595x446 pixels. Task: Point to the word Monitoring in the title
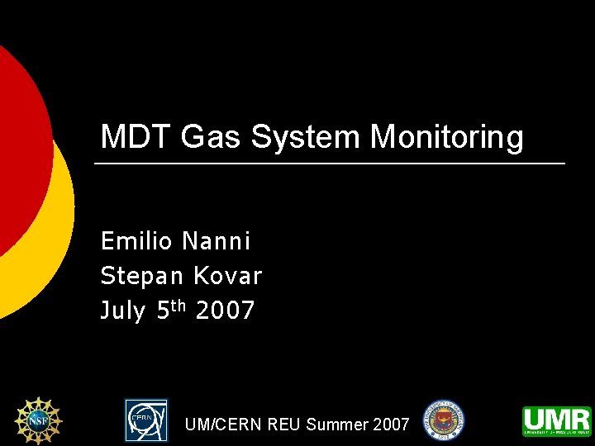pos(447,137)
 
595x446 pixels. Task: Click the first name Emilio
pos(136,241)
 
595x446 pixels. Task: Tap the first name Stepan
pos(142,276)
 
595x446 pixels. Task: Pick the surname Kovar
pos(227,276)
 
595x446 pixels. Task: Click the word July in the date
pos(122,311)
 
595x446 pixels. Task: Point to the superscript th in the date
pos(182,306)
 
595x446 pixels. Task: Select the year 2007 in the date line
pos(226,311)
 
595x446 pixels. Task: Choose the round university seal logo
pos(444,420)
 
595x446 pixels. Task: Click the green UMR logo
pos(556,420)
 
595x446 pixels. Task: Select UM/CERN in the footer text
pos(219,425)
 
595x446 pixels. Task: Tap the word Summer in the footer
pos(337,425)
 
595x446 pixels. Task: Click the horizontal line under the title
pos(331,164)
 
